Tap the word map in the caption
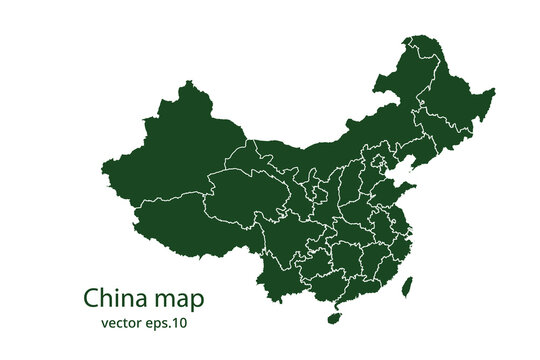181,299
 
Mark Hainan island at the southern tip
335,318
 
